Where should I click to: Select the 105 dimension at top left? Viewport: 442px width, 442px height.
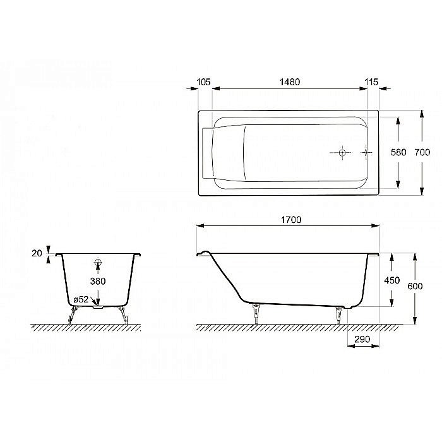[203, 82]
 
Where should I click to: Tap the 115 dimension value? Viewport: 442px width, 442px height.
[371, 82]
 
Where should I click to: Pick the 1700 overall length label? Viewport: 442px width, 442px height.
[290, 220]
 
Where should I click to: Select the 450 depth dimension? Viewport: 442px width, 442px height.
[391, 280]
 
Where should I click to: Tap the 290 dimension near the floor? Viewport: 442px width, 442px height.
[362, 339]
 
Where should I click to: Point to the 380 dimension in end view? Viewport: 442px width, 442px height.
[98, 281]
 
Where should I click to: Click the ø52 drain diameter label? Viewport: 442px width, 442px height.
[81, 299]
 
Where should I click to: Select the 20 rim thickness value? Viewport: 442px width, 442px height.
[36, 253]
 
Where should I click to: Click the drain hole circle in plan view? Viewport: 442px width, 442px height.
[342, 152]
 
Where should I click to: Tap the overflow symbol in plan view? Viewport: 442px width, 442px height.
[365, 152]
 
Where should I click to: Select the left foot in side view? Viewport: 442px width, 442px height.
[256, 312]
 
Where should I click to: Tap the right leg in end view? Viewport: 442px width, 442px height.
[124, 313]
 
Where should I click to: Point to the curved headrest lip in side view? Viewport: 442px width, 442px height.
[203, 253]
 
